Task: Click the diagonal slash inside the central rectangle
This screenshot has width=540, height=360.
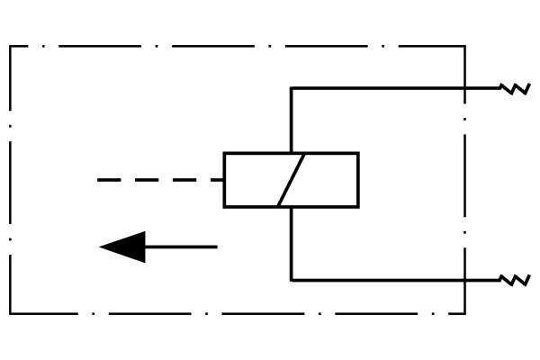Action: (x=292, y=180)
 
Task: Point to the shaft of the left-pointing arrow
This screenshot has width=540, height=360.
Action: (x=180, y=247)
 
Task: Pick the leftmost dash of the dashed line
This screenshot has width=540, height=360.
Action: (x=108, y=180)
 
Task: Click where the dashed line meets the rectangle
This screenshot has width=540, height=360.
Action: (x=224, y=180)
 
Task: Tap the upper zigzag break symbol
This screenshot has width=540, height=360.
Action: (x=515, y=88)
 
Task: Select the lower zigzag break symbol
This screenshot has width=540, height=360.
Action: (x=515, y=280)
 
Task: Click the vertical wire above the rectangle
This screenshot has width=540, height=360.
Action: (x=291, y=121)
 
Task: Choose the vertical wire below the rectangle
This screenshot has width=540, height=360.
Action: (x=291, y=243)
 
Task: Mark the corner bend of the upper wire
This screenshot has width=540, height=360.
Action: (x=291, y=88)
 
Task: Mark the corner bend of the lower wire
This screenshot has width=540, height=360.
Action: (x=291, y=280)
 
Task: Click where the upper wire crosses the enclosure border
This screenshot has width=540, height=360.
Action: (x=464, y=88)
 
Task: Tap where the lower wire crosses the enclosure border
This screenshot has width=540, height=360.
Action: (x=464, y=280)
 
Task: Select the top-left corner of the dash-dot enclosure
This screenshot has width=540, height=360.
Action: (x=10, y=46)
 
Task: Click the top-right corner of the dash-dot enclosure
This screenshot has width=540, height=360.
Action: (x=464, y=46)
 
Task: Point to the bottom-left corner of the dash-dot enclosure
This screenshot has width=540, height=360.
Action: (x=10, y=313)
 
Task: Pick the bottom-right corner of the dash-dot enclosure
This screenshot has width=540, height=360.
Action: (x=464, y=313)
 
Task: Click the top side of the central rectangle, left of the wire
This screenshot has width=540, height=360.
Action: (x=256, y=153)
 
